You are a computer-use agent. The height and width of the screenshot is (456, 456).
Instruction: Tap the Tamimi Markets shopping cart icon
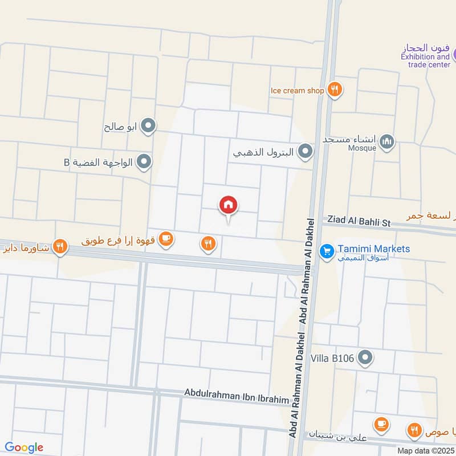coord(327,250)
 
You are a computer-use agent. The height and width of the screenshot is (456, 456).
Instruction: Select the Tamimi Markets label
coord(373,249)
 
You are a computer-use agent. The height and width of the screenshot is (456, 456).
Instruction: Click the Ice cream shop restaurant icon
coord(335,89)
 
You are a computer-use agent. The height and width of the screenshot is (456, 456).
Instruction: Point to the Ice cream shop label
coord(297,90)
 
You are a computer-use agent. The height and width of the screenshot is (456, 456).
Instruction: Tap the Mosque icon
coord(387,141)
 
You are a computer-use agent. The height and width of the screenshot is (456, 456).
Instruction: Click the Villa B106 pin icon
coord(367,358)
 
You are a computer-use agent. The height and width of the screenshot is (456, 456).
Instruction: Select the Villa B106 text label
coord(332,359)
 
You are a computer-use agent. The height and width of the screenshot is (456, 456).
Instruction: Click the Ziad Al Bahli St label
coord(357,222)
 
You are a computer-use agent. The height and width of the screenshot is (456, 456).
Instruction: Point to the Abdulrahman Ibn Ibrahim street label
coord(237,397)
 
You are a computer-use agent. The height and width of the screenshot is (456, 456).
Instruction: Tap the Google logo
coord(24,447)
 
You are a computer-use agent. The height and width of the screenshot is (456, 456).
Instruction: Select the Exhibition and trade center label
coord(425,60)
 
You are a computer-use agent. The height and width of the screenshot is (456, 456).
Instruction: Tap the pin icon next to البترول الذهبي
coord(306,152)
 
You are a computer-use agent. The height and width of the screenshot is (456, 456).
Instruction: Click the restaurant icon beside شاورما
coord(59,247)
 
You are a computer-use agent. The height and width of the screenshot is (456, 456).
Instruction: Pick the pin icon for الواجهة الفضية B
coord(145,162)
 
